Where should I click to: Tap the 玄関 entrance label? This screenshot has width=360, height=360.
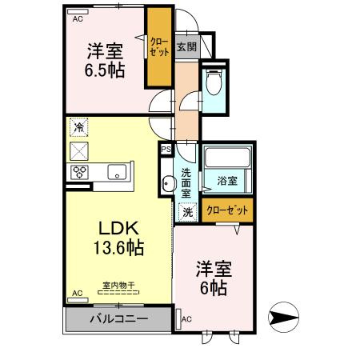coord(187,46)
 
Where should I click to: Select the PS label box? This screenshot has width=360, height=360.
coord(166,148)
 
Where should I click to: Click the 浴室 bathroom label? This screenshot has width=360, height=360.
coord(228,182)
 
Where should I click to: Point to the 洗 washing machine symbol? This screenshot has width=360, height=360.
coord(187,212)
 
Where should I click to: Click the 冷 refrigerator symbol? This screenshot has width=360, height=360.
coord(78,126)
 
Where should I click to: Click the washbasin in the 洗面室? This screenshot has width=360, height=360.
coord(167,184)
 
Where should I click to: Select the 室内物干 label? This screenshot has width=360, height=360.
coord(118,285)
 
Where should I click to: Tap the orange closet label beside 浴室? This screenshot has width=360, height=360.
coord(227,210)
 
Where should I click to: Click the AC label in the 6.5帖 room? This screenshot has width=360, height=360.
coord(78,18)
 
